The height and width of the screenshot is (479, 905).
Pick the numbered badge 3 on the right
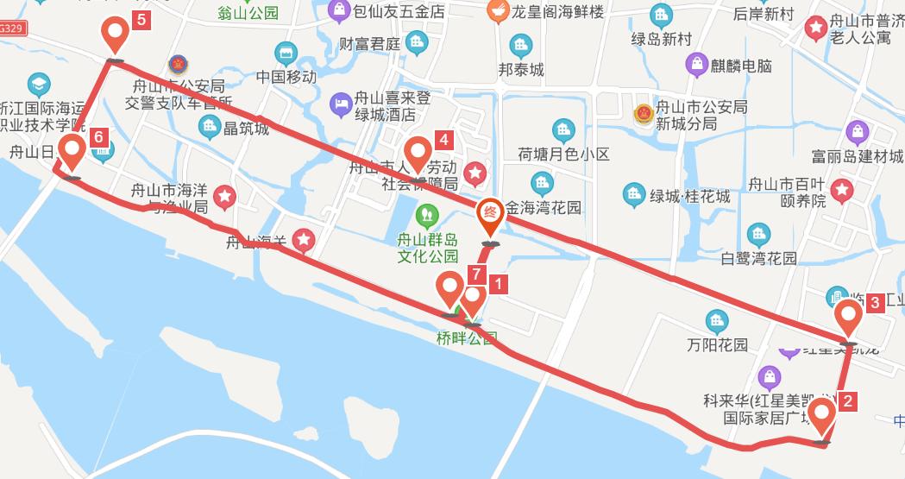tap(875, 302)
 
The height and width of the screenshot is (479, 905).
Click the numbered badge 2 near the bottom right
tap(848, 400)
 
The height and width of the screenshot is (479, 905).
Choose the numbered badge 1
tap(498, 281)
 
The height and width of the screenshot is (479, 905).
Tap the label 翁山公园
tap(248, 13)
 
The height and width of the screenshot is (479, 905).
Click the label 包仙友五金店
tap(399, 12)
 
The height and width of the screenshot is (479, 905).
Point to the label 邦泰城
tap(521, 70)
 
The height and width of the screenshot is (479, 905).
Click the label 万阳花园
tap(717, 345)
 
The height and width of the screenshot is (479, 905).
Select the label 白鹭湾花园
tap(758, 258)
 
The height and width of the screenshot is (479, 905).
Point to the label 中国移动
tap(286, 76)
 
